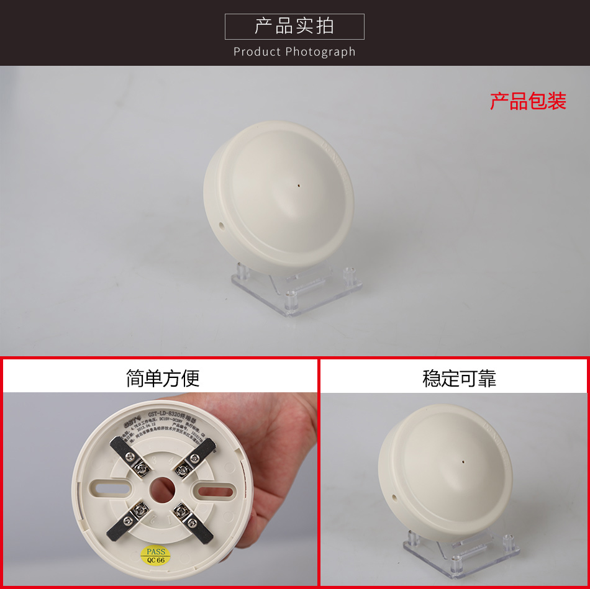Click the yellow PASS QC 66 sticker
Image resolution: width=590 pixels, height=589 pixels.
(x=156, y=555)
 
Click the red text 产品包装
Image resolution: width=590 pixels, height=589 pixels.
(x=528, y=101)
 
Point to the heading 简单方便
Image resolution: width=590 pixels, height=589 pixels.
(x=163, y=378)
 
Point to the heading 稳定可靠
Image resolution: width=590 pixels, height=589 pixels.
(x=459, y=379)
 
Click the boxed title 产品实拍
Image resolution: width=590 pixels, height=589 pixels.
(x=294, y=26)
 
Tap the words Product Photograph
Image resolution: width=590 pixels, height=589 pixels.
(x=294, y=52)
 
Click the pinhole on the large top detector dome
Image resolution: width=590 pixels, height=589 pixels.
(x=299, y=184)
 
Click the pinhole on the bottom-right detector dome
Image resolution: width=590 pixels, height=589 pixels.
(x=465, y=461)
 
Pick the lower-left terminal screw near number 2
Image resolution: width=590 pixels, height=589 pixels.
(x=136, y=510)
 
